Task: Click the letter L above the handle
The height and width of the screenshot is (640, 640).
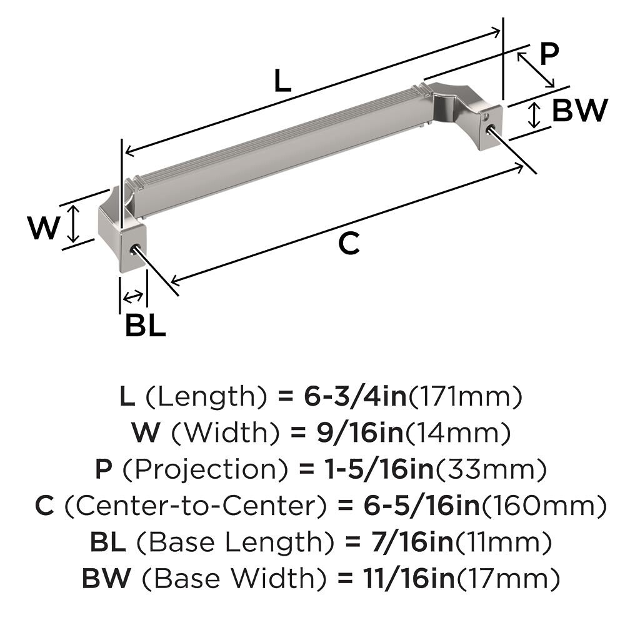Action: [x=282, y=81]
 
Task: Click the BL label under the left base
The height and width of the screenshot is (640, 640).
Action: [x=146, y=325]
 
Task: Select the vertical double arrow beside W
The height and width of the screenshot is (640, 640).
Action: [x=73, y=224]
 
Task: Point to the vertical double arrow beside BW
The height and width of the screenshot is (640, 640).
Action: [x=534, y=115]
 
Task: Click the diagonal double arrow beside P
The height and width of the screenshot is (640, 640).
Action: [x=536, y=69]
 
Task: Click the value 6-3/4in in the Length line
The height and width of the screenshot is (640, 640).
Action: [x=356, y=396]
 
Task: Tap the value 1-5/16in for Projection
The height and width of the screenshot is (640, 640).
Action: [x=379, y=469]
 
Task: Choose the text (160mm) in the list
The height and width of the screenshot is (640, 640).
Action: [x=544, y=506]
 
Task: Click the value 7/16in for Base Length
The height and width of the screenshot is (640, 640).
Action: [x=412, y=542]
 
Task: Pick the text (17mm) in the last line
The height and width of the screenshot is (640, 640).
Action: [x=507, y=578]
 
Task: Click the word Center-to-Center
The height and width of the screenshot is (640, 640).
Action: [x=196, y=506]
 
